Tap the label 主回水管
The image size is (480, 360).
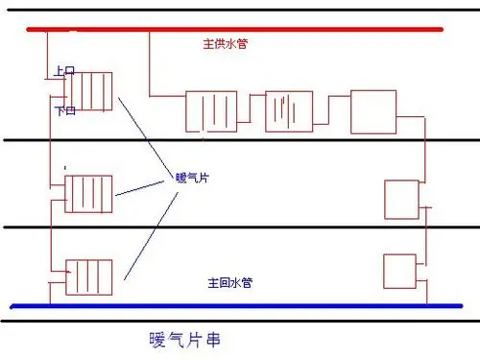(x=229, y=283)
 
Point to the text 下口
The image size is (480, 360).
(x=64, y=111)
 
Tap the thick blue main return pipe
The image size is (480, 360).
(x=240, y=306)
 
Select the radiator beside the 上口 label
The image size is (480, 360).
(x=88, y=91)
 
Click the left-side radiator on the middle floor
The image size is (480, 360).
(x=88, y=193)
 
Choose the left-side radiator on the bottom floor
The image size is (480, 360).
(x=88, y=277)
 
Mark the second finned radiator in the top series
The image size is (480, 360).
(x=289, y=110)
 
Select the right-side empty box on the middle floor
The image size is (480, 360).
(x=400, y=200)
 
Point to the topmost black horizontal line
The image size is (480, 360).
(x=240, y=9)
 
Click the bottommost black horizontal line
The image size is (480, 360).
(x=240, y=322)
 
